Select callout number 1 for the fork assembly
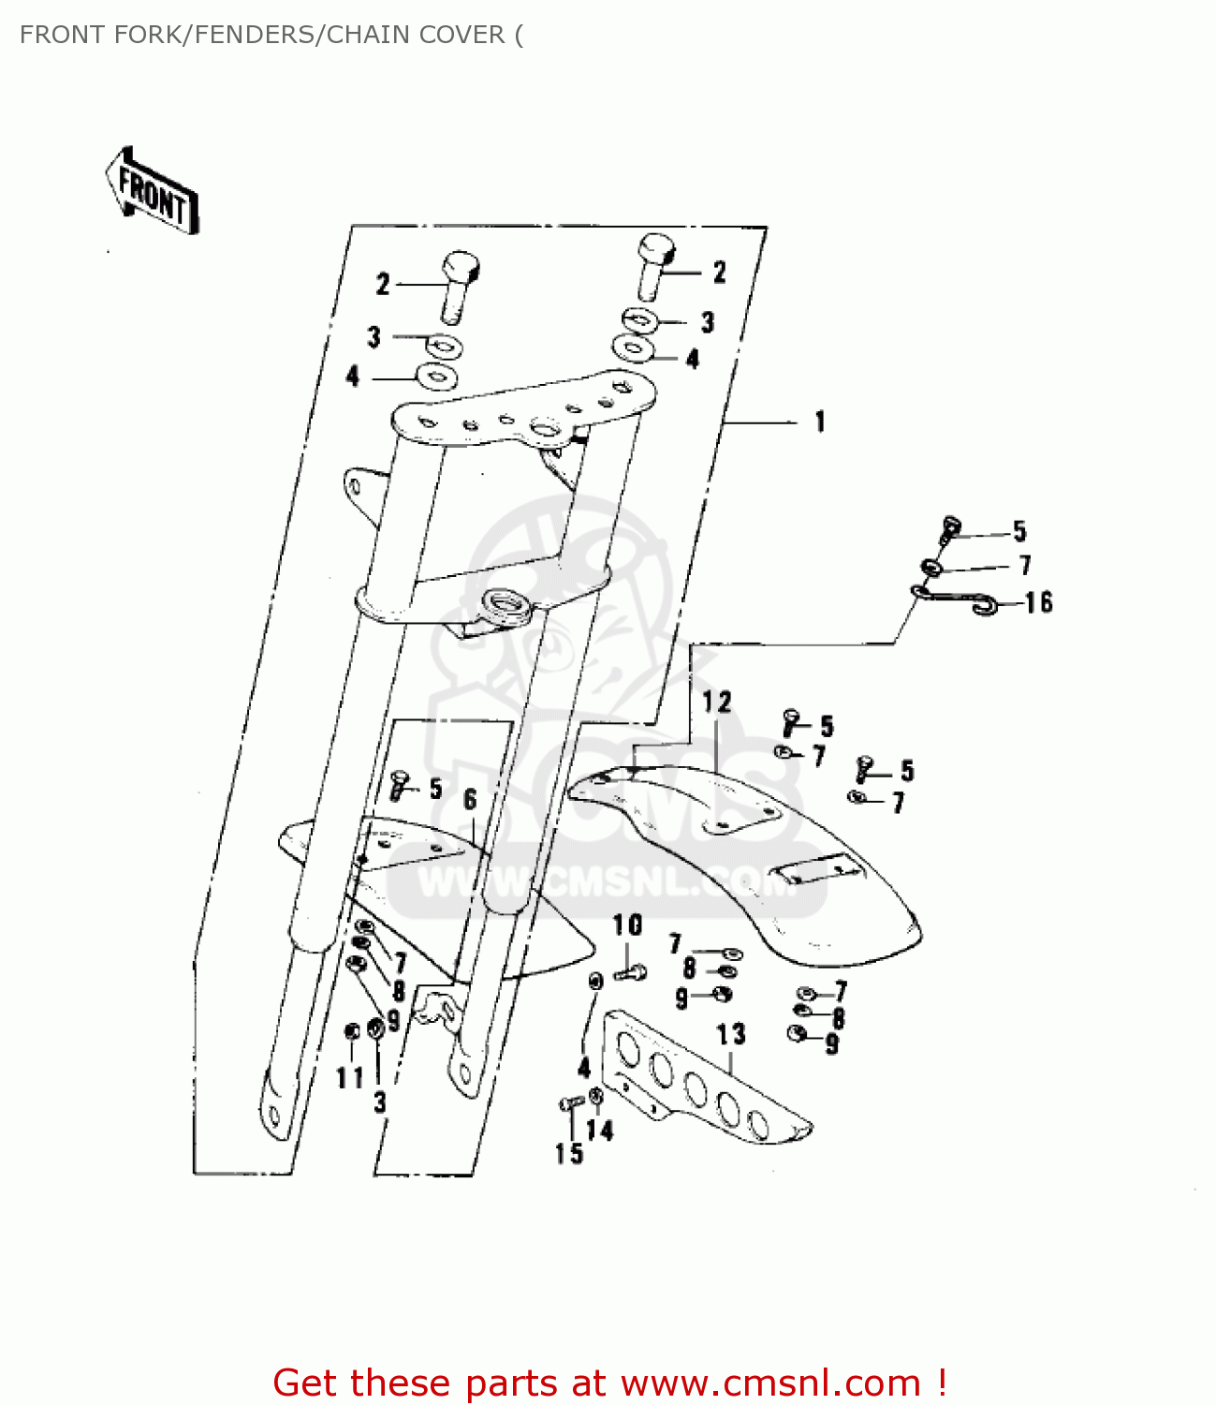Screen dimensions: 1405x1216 (x=820, y=421)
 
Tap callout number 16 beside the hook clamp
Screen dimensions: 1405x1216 (x=1039, y=602)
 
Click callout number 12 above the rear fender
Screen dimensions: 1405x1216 (x=717, y=702)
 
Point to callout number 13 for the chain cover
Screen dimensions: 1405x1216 (x=731, y=1034)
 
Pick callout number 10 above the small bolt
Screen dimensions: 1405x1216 (x=627, y=925)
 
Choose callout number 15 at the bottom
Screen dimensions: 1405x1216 (x=569, y=1153)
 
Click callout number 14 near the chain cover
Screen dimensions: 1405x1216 (x=600, y=1131)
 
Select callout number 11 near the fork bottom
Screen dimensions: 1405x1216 (x=350, y=1078)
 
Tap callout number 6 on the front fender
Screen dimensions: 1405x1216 (x=470, y=799)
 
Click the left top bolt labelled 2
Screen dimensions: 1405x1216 (x=457, y=284)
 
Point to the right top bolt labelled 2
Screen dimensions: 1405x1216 (x=654, y=266)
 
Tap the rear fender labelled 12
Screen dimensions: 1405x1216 (x=749, y=852)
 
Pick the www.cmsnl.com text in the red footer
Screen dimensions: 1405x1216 (x=770, y=1383)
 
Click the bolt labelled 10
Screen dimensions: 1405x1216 (x=630, y=973)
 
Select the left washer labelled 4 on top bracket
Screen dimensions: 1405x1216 (x=435, y=377)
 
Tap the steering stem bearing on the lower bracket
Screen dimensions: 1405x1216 (x=505, y=601)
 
